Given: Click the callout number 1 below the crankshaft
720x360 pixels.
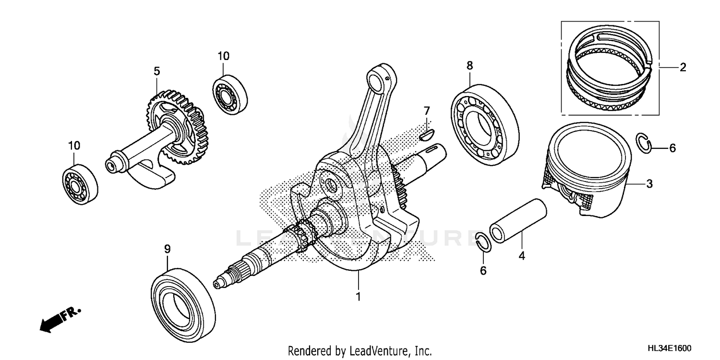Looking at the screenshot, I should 358,297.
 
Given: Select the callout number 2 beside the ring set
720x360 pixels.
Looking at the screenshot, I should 682,67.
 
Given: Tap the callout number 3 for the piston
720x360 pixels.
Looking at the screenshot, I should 649,183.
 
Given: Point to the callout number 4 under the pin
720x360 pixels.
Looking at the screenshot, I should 521,256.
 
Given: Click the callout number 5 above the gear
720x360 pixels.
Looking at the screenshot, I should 156,71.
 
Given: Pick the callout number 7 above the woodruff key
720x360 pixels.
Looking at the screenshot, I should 426,111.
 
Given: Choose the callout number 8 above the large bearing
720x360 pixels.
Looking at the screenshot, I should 469,65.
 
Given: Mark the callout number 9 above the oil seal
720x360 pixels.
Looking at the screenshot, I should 167,249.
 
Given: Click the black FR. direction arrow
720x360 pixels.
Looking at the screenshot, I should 54,321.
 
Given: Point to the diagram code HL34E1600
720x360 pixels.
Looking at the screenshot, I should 670,348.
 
